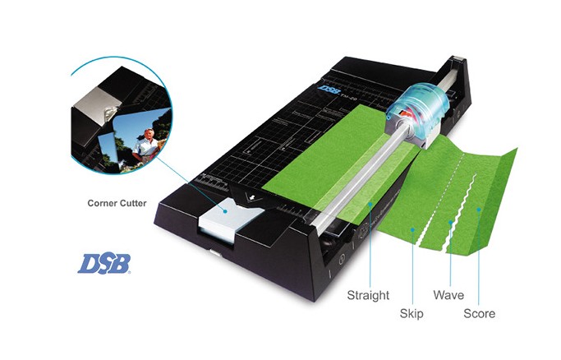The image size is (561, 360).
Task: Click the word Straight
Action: point(368,295)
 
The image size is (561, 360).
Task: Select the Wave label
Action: point(448,295)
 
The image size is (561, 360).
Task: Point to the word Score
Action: point(479,313)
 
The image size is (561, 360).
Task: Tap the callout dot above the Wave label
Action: point(450,222)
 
